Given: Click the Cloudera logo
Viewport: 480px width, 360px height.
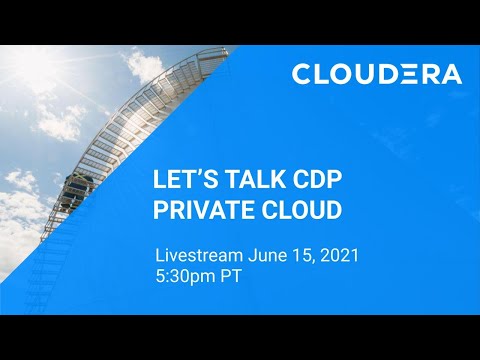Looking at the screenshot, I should (377, 74).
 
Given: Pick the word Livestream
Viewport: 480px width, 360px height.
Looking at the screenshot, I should (194, 255).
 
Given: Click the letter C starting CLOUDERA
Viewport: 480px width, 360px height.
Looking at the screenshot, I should (301, 74).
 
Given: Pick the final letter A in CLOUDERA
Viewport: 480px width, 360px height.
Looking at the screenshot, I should (451, 74).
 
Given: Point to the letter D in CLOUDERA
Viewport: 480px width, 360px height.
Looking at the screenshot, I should (385, 74).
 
